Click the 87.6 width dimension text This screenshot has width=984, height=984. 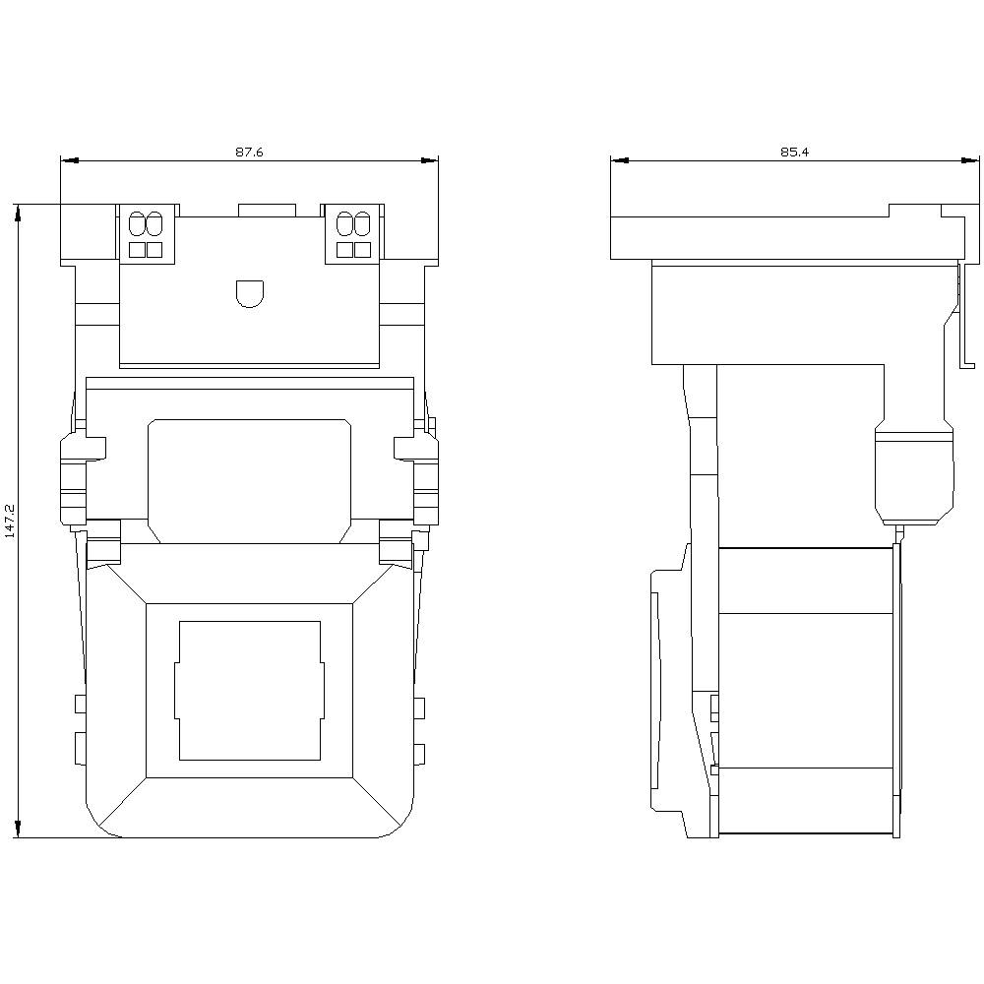point(249,152)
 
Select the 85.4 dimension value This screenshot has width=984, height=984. point(794,152)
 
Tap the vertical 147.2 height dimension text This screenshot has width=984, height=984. point(11,521)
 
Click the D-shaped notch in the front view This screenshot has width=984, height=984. point(250,293)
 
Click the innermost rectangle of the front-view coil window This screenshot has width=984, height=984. point(250,690)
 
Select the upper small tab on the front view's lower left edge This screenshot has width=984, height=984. point(80,704)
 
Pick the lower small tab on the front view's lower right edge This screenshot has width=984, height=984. point(419,754)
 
